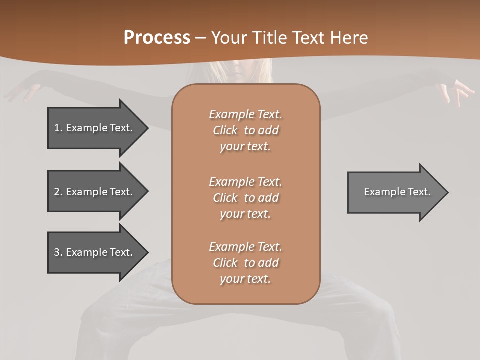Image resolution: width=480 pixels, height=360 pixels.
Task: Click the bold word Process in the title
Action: tap(157, 38)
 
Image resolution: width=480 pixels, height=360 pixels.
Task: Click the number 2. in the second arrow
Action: tap(58, 192)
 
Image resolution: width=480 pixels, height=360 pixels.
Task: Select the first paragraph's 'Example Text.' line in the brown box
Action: tap(245, 114)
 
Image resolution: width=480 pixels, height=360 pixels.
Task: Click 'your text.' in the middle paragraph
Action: tap(245, 214)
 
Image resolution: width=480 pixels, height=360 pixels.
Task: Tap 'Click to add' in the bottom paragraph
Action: tap(245, 263)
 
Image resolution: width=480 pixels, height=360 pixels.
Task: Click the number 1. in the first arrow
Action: tap(58, 128)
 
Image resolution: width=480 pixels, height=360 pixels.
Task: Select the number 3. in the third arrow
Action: tap(58, 252)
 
